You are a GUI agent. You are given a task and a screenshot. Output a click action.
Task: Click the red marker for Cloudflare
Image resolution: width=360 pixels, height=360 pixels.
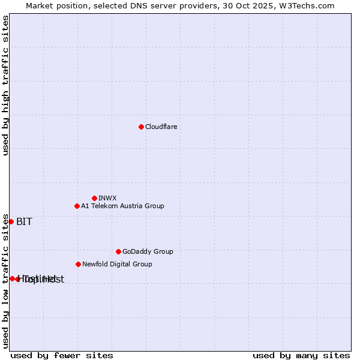141,127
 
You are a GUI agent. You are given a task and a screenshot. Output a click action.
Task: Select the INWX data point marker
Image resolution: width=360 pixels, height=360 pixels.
94,198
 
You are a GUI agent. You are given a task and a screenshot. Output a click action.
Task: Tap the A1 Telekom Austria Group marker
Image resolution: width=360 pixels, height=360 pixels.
77,206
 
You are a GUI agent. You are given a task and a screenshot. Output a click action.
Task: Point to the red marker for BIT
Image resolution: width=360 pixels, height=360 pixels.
11,221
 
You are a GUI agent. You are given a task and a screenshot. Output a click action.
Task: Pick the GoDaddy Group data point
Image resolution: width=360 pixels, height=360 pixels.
118,251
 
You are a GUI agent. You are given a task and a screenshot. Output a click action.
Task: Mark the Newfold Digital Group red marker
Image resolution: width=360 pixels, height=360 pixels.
78,264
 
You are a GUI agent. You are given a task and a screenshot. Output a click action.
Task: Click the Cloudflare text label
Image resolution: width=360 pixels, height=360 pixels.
161,127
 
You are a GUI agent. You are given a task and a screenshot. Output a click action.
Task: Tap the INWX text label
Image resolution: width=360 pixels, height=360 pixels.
107,198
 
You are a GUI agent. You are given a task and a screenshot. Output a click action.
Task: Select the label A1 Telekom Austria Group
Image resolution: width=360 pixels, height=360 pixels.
122,206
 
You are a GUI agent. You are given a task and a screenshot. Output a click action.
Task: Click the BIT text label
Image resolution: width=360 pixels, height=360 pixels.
24,221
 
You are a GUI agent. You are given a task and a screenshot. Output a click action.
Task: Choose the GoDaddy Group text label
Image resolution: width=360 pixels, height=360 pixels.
148,251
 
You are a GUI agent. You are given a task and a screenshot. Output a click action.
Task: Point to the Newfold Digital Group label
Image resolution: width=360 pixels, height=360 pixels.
117,264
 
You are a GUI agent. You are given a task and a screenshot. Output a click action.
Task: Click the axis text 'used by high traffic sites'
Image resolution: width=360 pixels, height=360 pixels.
5,85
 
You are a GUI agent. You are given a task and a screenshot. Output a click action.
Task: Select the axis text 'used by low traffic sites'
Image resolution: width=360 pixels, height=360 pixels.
5,281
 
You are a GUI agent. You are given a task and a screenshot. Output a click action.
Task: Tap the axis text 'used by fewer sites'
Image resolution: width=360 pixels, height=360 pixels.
62,355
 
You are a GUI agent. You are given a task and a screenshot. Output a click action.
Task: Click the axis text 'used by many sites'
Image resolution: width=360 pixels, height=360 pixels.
301,355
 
